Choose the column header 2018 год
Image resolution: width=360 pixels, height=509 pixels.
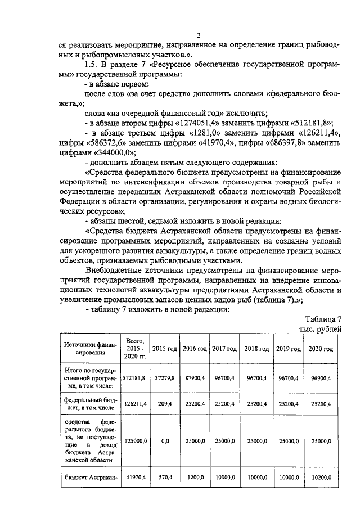(x=256, y=349)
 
